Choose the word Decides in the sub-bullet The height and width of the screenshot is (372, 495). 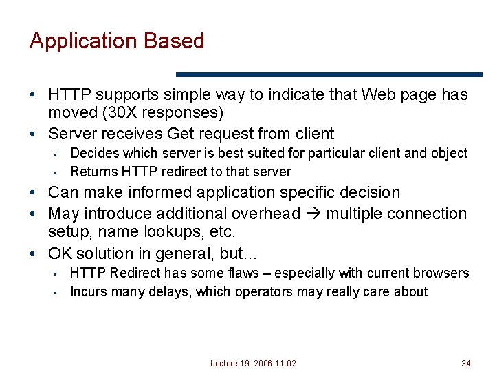94,153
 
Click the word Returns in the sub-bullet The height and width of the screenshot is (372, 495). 96,172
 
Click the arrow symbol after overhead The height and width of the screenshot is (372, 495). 313,214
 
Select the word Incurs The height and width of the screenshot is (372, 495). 89,291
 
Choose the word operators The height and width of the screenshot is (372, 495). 264,291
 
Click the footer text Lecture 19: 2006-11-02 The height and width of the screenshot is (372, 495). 254,363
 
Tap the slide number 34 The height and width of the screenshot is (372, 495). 467,363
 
